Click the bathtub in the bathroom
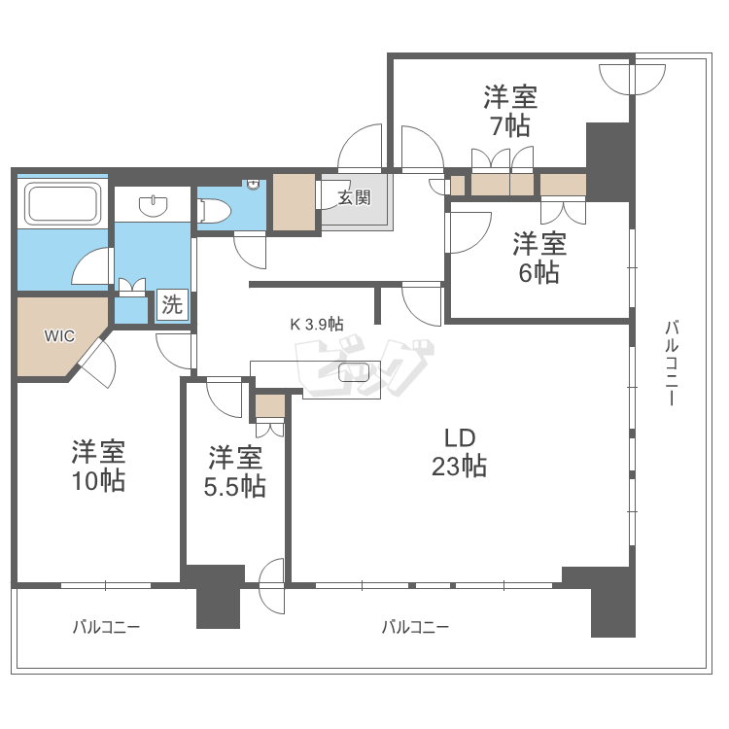pos(62,205)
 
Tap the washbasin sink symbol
pos(153,206)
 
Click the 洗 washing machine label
pos(172,305)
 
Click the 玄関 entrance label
pos(354,198)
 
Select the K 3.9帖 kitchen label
pos(316,324)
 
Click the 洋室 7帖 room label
pos(510,112)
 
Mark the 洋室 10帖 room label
pos(98,466)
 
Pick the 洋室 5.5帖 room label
pos(234,471)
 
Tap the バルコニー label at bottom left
pos(106,627)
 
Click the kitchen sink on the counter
pos(354,372)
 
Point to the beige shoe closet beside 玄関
pos(294,202)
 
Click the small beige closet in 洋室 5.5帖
pos(269,404)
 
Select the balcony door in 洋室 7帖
pos(630,78)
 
